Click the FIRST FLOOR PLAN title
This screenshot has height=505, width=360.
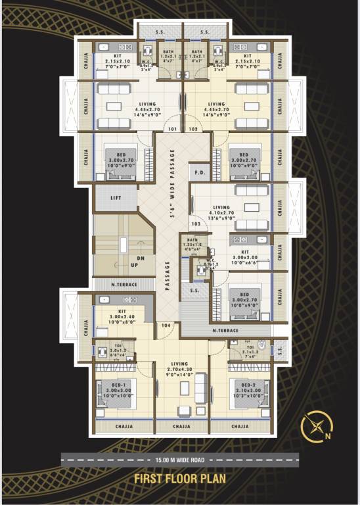[x=180, y=479]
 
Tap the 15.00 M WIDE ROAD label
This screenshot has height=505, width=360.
[x=180, y=459]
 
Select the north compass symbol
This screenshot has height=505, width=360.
[x=314, y=427]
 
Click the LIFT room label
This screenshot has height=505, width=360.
[x=116, y=197]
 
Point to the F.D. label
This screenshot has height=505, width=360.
[x=198, y=172]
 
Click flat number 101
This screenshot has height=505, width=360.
[x=173, y=129]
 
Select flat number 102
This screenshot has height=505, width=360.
[x=193, y=129]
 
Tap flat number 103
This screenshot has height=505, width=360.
[x=196, y=224]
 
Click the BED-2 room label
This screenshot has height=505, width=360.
[x=248, y=384]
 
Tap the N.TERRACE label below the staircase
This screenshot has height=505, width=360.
[x=124, y=285]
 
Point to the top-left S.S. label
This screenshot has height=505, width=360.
[x=160, y=32]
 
